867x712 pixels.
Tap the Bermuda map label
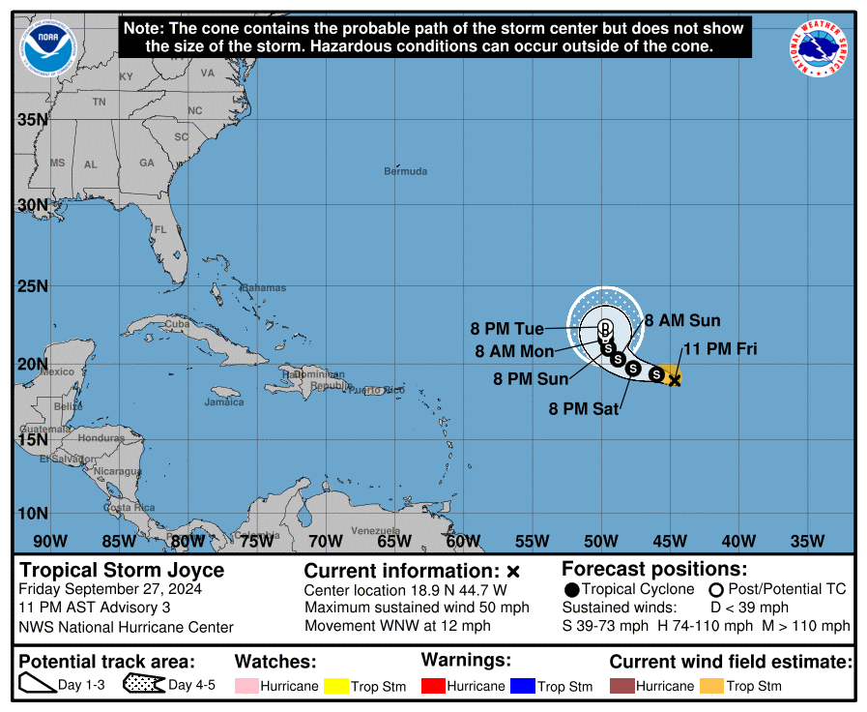(405, 171)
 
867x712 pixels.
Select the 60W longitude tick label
(463, 541)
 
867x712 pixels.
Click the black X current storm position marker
(675, 380)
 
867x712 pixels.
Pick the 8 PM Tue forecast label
(507, 329)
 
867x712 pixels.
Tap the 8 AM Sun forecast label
(682, 321)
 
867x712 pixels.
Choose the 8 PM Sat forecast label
(584, 409)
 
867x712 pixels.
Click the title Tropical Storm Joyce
(122, 570)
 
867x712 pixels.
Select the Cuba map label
(176, 324)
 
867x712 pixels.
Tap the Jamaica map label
(223, 401)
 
